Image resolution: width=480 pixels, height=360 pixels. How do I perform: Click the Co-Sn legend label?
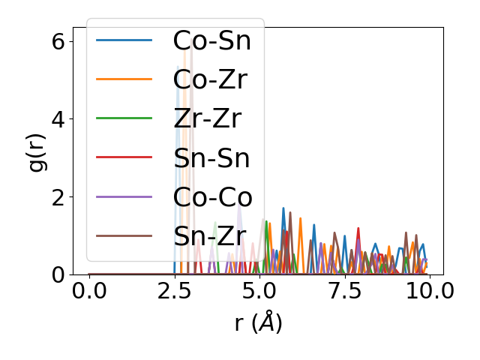(211, 41)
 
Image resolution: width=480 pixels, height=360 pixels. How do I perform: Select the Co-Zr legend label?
(211, 80)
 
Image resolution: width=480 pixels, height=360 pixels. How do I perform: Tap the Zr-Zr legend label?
(207, 119)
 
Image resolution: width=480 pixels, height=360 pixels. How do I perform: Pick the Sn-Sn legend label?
(211, 158)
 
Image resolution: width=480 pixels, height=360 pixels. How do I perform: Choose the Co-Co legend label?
(212, 197)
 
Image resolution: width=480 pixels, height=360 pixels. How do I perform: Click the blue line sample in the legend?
(124, 40)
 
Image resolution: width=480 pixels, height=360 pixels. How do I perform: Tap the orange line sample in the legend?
(124, 79)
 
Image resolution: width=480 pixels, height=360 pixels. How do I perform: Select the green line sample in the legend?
(124, 118)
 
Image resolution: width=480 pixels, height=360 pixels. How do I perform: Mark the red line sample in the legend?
(124, 157)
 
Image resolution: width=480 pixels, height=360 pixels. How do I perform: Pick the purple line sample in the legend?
(124, 196)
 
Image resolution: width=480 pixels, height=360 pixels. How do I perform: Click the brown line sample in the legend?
(124, 235)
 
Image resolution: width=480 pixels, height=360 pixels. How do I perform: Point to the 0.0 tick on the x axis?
(89, 290)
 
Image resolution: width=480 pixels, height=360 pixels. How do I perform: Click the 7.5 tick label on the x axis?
(344, 290)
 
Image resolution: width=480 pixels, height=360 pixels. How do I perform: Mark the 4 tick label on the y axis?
(57, 118)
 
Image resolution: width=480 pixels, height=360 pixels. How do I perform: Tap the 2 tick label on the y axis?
(57, 196)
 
